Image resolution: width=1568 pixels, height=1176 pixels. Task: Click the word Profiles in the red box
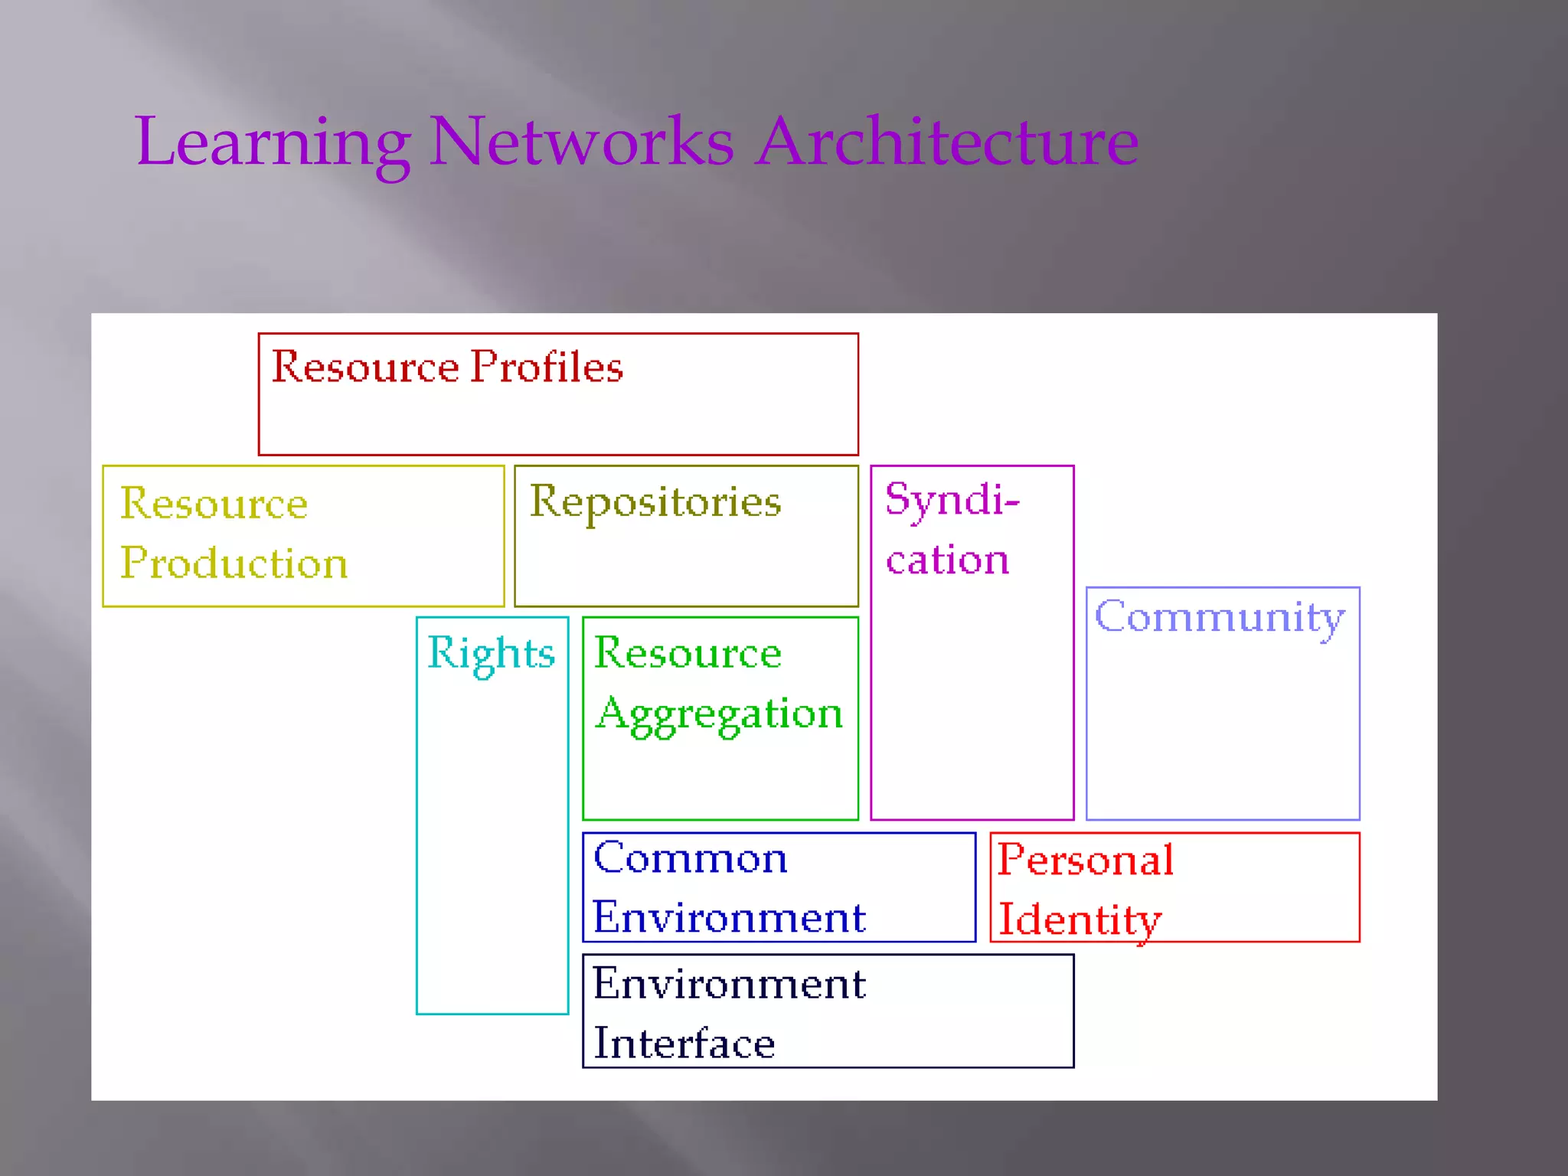(547, 367)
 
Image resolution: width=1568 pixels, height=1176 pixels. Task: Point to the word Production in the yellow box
(234, 563)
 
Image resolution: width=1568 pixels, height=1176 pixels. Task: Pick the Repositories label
(655, 503)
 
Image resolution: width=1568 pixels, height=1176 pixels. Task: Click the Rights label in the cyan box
(491, 654)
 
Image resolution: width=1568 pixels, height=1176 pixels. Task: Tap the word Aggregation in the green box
(719, 714)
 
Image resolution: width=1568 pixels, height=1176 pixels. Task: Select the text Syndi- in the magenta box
(952, 501)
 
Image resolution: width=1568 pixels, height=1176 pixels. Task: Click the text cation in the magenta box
(947, 560)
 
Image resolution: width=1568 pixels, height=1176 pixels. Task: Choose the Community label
(1220, 618)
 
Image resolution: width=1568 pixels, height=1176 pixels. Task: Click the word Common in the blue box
(690, 858)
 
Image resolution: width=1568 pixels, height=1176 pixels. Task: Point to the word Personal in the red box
(1086, 860)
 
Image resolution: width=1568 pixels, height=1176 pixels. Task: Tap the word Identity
(1080, 920)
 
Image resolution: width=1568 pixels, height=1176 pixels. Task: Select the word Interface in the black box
(684, 1044)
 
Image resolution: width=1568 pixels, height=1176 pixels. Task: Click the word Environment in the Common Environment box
(729, 917)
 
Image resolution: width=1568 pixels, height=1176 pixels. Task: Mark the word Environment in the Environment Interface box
(729, 984)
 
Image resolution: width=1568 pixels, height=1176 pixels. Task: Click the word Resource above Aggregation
(688, 653)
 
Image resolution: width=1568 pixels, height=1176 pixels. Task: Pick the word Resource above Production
(214, 504)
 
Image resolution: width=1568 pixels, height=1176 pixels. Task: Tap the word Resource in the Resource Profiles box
(365, 367)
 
